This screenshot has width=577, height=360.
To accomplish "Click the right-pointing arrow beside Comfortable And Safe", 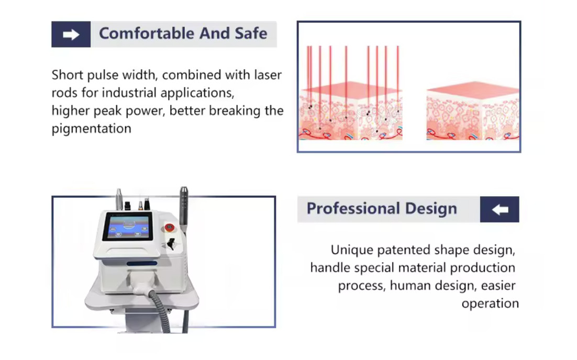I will pos(71,35).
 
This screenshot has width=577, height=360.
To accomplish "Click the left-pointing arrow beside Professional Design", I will pos(500,209).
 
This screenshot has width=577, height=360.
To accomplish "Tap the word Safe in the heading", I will pos(250,33).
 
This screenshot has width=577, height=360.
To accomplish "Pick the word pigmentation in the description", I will pos(91,129).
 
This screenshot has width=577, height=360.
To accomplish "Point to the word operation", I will pos(490,303).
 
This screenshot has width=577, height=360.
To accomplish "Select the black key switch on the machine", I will pos(171,243).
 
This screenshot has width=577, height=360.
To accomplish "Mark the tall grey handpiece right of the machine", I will pos(184,207).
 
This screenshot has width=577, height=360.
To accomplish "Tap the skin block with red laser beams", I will pos(350,113).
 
